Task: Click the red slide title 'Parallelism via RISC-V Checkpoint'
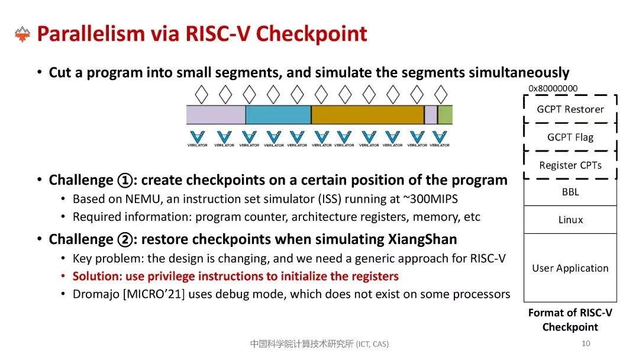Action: (x=202, y=34)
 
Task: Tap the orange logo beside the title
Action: (x=22, y=34)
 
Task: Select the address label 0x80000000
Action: (x=553, y=88)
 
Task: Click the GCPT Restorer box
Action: (x=570, y=109)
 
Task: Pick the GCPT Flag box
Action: (x=570, y=137)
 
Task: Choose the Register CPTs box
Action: (x=570, y=165)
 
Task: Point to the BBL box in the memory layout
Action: (x=570, y=192)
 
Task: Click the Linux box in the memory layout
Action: (x=570, y=220)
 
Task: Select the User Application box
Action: (x=570, y=268)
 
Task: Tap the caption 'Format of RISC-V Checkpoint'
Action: (x=570, y=320)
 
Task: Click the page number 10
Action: (x=586, y=343)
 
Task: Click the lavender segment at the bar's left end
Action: (x=215, y=115)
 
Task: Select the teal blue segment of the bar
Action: (x=278, y=115)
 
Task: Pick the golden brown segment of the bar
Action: (x=367, y=115)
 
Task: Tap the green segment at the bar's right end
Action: (x=445, y=115)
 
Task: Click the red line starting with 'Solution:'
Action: (x=235, y=277)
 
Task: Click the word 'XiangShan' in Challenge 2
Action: (x=427, y=239)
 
